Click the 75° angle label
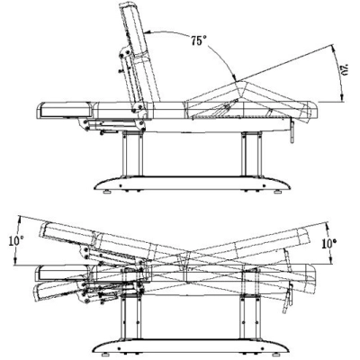[x=198, y=40]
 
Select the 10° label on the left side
[x=16, y=241]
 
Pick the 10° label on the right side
[x=328, y=243]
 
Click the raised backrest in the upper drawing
[x=139, y=54]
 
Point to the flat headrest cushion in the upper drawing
[x=67, y=110]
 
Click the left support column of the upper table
[x=132, y=154]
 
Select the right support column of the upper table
[x=251, y=154]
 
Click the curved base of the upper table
[x=192, y=183]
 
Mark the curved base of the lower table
[x=190, y=346]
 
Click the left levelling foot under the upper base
[x=107, y=192]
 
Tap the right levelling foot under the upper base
[x=278, y=192]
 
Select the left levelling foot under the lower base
[x=104, y=354]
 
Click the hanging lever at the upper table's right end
[x=292, y=130]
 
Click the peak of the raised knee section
[x=244, y=82]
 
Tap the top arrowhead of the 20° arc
[x=333, y=48]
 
